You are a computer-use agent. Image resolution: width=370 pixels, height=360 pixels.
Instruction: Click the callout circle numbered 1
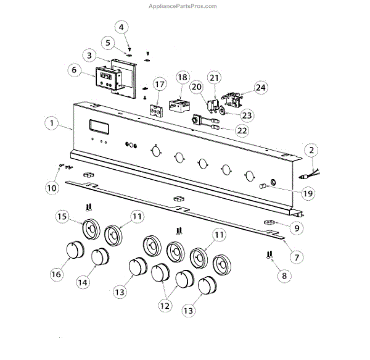(x=52, y=123)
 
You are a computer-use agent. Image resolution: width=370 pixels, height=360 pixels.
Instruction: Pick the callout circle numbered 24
(x=261, y=88)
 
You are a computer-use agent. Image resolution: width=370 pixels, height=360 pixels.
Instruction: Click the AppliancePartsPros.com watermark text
(x=183, y=6)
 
